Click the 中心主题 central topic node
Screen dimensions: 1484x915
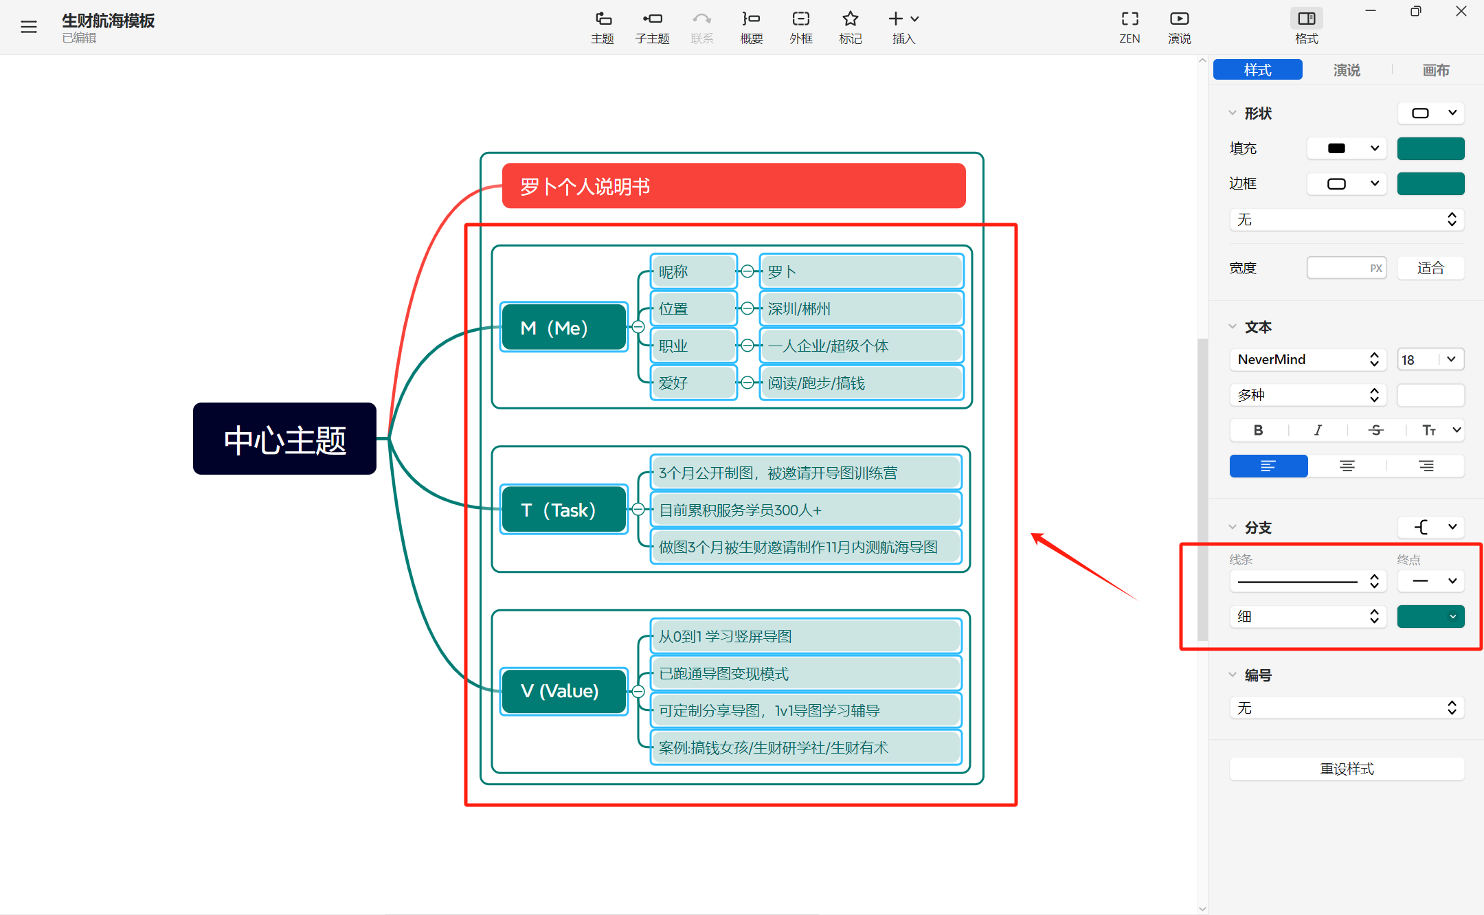click(284, 438)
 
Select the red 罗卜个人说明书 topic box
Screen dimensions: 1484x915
click(734, 185)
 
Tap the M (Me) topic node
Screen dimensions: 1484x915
click(564, 327)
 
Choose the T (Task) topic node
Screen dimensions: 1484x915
click(564, 509)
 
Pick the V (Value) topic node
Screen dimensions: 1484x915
click(564, 690)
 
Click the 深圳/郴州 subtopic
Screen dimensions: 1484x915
click(861, 308)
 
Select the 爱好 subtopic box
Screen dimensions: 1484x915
click(693, 383)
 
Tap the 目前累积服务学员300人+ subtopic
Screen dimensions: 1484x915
click(805, 510)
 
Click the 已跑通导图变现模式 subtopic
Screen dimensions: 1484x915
click(805, 673)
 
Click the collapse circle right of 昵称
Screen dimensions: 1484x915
click(747, 271)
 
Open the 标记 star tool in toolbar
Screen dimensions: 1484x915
click(851, 27)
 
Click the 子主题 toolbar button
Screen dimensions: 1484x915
click(652, 27)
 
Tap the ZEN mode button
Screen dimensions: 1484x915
click(1129, 27)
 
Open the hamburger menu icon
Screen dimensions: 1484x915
click(29, 27)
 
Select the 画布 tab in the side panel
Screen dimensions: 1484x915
click(1436, 70)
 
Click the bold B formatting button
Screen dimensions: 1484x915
click(1258, 430)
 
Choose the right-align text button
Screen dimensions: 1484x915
click(1426, 466)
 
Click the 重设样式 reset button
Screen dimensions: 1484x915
click(1347, 769)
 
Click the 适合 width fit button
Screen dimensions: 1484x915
click(1430, 268)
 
